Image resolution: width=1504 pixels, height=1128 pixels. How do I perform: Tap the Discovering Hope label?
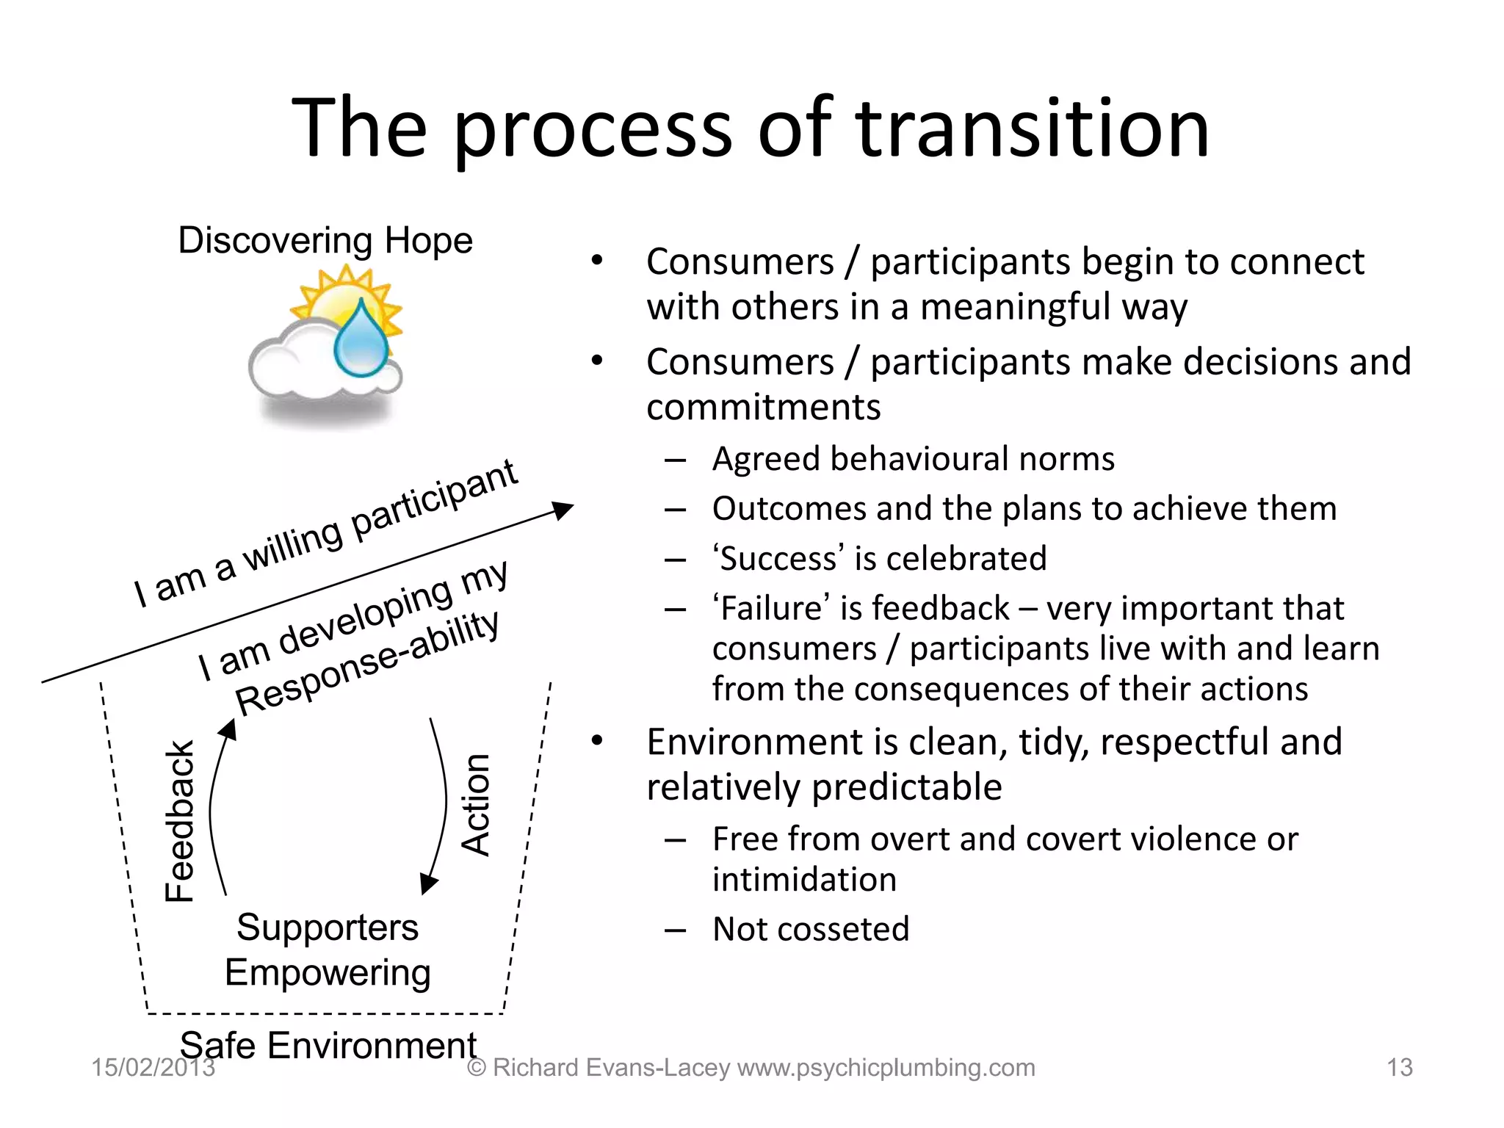(x=325, y=241)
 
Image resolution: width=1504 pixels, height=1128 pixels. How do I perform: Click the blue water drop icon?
(x=361, y=339)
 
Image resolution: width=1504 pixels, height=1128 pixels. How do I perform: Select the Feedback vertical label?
(x=179, y=820)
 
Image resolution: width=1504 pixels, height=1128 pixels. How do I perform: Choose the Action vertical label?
(x=476, y=805)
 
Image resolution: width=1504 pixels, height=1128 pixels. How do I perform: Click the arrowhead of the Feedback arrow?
(x=228, y=730)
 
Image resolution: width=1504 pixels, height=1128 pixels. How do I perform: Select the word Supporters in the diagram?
(x=328, y=928)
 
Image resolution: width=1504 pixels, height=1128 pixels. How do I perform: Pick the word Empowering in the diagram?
(x=328, y=973)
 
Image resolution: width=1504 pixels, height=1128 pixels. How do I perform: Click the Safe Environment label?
(x=328, y=1045)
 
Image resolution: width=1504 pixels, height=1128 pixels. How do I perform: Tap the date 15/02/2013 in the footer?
(x=153, y=1067)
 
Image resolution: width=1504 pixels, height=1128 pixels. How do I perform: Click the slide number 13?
(x=1400, y=1067)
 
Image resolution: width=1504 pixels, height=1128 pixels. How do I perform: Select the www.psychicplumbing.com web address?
(x=886, y=1067)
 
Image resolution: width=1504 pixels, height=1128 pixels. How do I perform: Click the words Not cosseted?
(x=811, y=929)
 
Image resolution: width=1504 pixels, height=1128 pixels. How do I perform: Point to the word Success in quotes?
(x=778, y=559)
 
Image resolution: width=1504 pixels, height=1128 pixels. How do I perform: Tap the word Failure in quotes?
(x=771, y=609)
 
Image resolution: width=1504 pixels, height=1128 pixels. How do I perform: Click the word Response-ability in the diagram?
(x=367, y=664)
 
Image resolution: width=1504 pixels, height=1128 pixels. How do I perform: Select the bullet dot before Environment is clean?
(x=597, y=742)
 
